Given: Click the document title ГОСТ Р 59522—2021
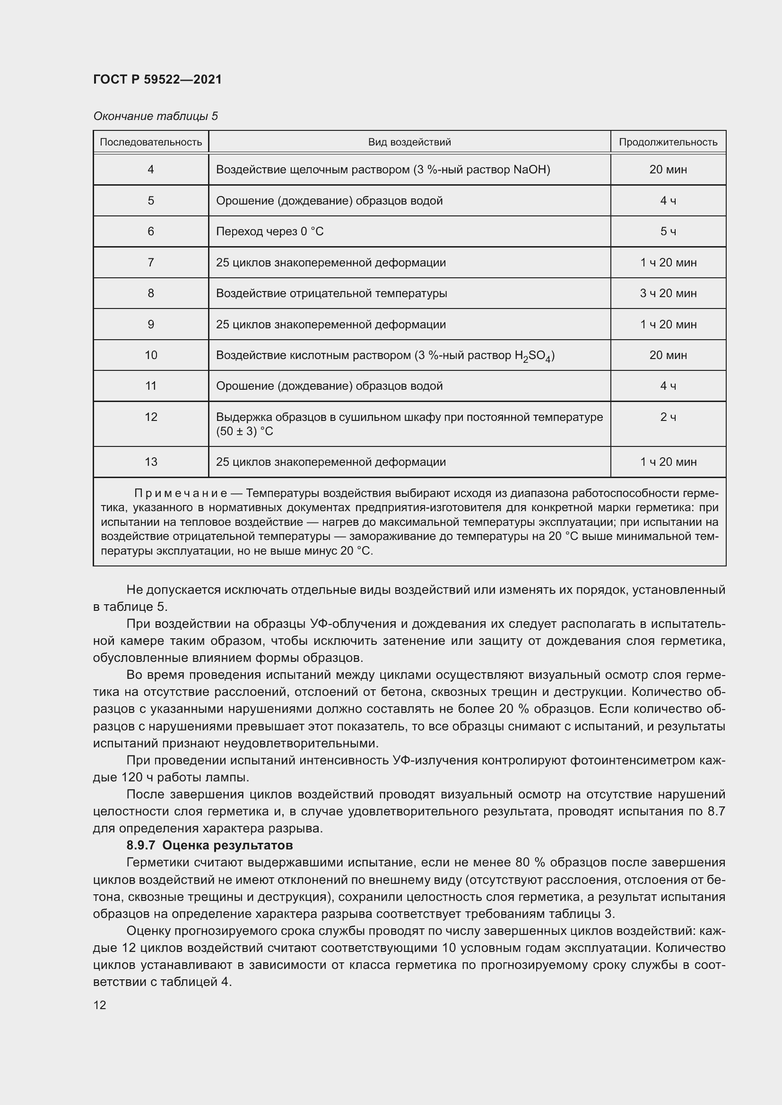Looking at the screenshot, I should point(157,79).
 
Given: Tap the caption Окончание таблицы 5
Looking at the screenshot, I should point(156,116).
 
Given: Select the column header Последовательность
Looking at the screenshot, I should point(151,142).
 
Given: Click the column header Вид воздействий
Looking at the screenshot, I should point(409,142).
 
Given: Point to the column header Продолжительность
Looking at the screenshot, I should point(668,142).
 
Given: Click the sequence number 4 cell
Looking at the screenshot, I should point(151,170).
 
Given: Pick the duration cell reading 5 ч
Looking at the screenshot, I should point(668,231).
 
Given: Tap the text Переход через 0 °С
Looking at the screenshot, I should point(269,231).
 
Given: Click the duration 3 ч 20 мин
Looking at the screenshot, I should point(668,293).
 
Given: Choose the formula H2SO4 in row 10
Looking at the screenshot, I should point(533,356).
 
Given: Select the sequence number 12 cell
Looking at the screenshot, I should point(151,417).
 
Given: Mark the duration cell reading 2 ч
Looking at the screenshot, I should point(668,417).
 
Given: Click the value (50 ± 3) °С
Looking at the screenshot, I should point(244,431).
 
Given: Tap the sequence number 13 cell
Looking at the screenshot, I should point(151,462).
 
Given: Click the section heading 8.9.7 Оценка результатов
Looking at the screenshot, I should point(209,845).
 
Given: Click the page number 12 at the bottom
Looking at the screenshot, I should point(100,1005).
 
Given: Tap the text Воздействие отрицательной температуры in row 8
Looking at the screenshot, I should point(331,293).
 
